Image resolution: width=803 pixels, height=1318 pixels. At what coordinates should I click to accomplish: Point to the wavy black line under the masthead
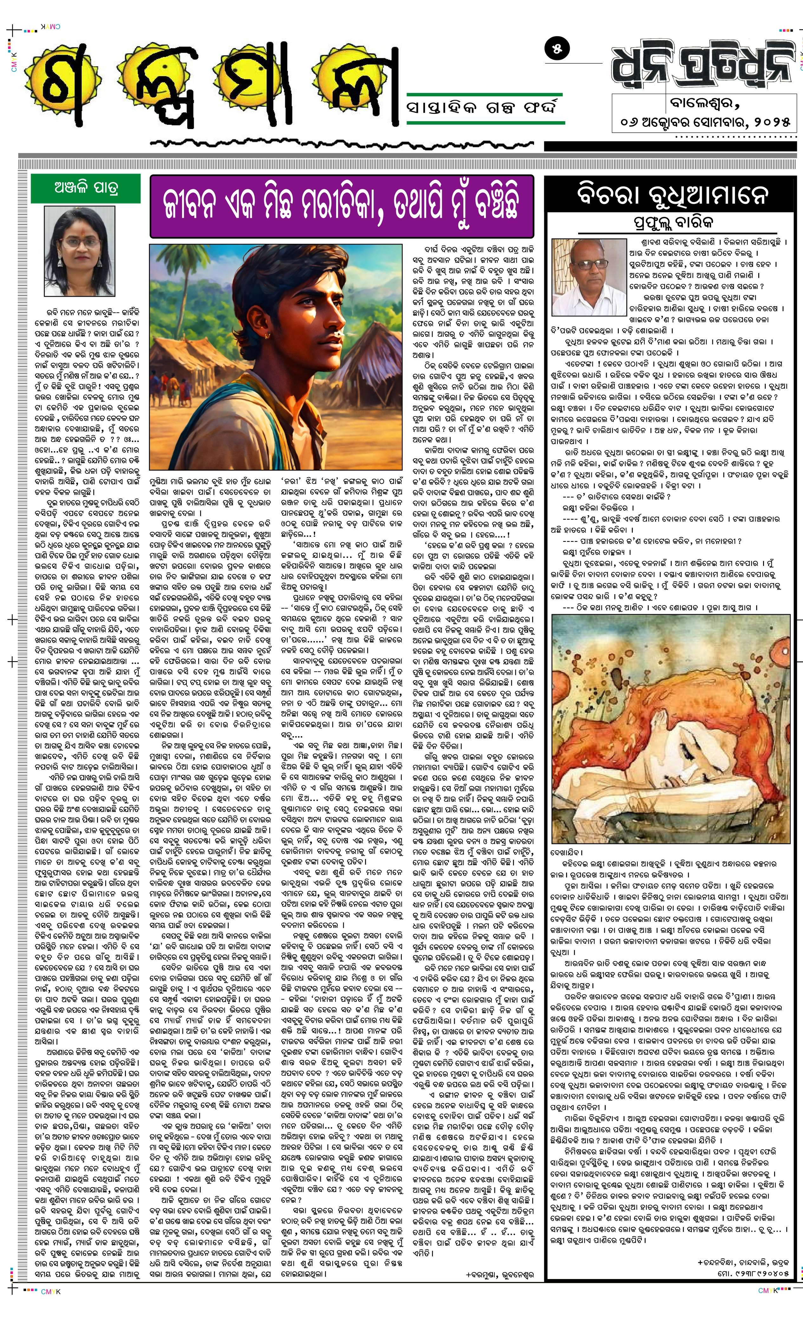(343, 143)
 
